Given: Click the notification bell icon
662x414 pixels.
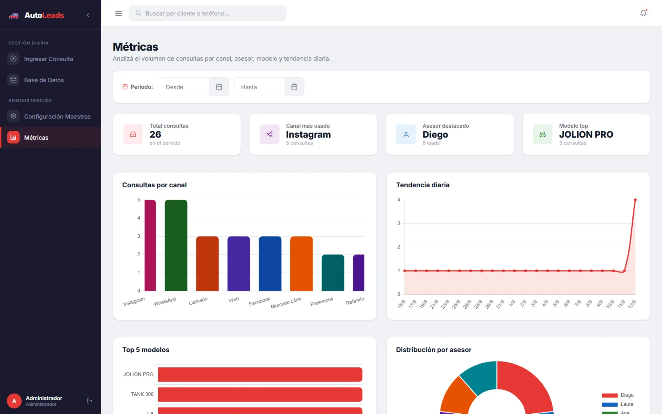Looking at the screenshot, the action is (x=643, y=13).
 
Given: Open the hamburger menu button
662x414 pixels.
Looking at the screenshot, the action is (x=118, y=13).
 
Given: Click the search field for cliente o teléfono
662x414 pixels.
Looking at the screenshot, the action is (x=208, y=13).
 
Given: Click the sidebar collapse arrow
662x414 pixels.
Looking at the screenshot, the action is (x=88, y=15).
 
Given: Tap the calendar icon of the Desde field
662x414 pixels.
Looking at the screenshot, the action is (x=219, y=87).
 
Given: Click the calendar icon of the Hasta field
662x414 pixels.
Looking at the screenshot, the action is (x=294, y=87).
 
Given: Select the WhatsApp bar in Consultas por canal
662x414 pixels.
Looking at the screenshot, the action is (x=176, y=245).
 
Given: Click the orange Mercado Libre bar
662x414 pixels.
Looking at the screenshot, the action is (x=301, y=264).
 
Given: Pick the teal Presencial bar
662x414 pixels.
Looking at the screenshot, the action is (x=333, y=273).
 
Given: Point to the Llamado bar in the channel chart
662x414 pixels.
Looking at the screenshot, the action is (x=207, y=264).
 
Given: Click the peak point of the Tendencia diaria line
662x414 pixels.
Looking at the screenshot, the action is (x=635, y=200).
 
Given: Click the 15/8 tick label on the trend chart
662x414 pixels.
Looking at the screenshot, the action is (x=401, y=304).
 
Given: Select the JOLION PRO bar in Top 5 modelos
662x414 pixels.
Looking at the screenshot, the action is (x=260, y=374).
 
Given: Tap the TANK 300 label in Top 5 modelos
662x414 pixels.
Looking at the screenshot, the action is (x=142, y=394).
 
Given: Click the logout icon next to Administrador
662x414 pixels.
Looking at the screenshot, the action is (x=90, y=401).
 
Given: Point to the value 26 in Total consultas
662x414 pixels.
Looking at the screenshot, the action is (x=155, y=134).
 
